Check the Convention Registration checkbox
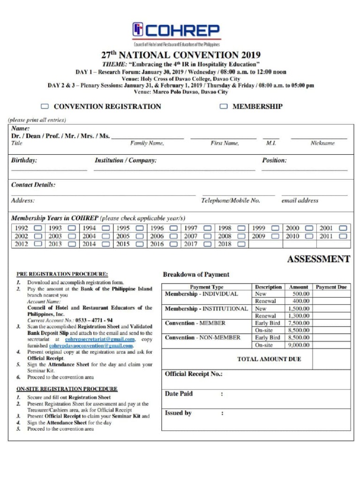(x=45, y=106)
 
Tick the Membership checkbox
(x=224, y=106)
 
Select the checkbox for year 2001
(x=343, y=228)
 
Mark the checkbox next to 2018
(x=241, y=244)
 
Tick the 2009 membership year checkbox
(x=275, y=236)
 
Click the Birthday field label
(x=24, y=160)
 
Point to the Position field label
(x=274, y=160)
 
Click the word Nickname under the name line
(x=322, y=143)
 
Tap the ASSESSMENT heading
(x=318, y=259)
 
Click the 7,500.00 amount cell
(x=299, y=323)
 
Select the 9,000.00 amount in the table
(x=299, y=345)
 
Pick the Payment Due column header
(x=331, y=287)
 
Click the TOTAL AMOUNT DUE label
(x=269, y=359)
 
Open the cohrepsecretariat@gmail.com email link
(x=100, y=339)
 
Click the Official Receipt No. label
(x=193, y=374)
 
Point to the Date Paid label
(x=179, y=394)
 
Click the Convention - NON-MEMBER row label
(x=202, y=337)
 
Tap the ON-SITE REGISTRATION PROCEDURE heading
(x=67, y=389)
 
